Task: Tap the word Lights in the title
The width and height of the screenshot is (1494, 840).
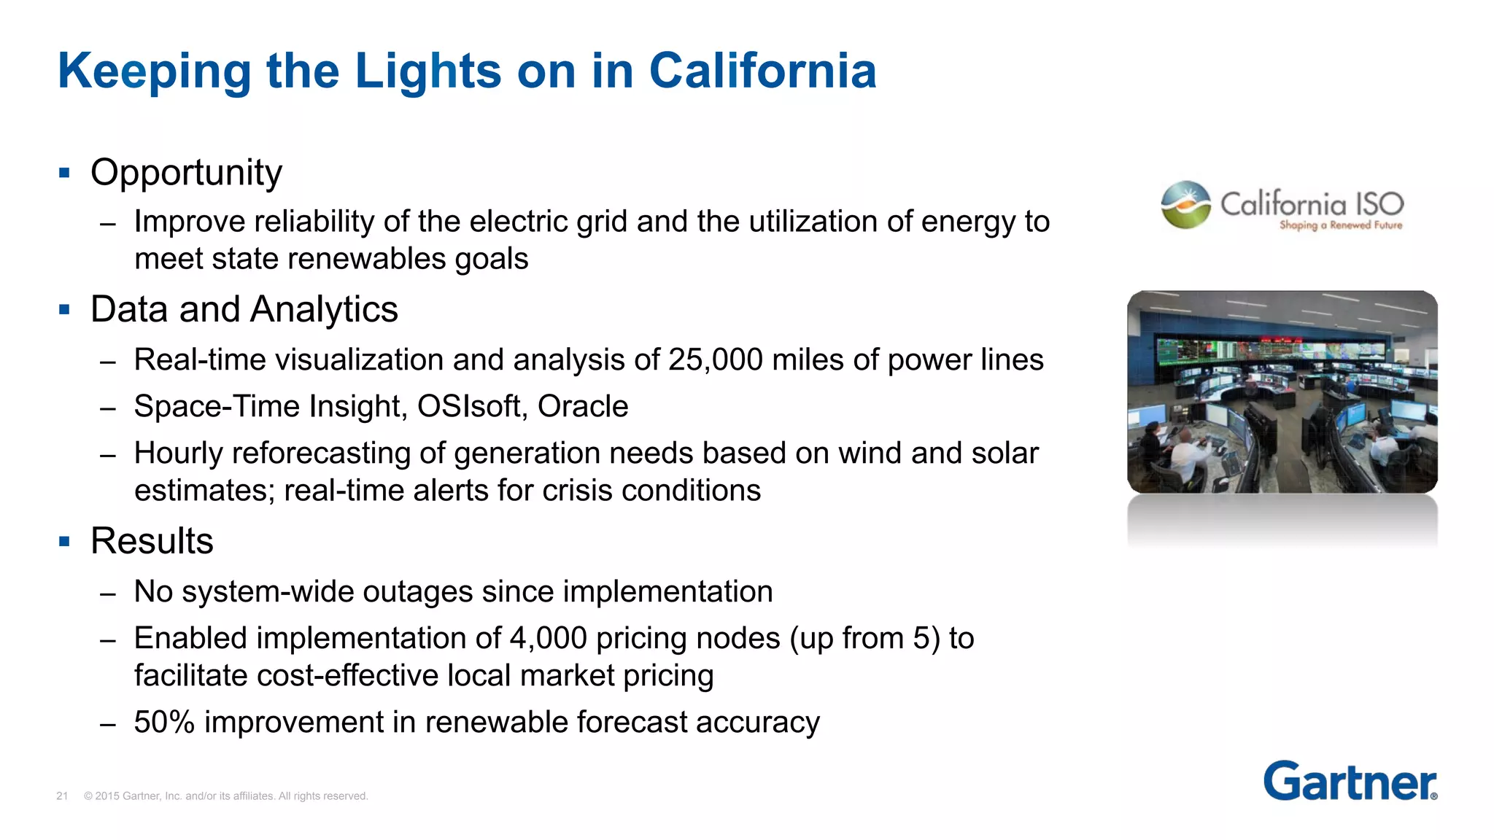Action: (x=428, y=71)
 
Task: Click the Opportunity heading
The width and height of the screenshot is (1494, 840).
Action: (x=186, y=174)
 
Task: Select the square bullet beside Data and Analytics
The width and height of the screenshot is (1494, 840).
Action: (x=64, y=310)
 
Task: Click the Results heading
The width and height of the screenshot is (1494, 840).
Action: (x=152, y=541)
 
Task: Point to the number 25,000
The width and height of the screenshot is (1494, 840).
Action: (x=715, y=360)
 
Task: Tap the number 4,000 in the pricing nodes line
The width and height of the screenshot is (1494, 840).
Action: (x=548, y=639)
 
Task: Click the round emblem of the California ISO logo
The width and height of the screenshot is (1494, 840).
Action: (x=1185, y=205)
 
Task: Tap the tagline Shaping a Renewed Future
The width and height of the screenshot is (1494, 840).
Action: (x=1340, y=225)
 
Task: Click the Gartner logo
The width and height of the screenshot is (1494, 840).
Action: (x=1350, y=782)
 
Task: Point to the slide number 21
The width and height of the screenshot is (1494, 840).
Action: (x=62, y=796)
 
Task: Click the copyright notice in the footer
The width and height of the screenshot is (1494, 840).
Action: (x=225, y=796)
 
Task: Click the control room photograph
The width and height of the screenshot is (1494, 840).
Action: (x=1282, y=392)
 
